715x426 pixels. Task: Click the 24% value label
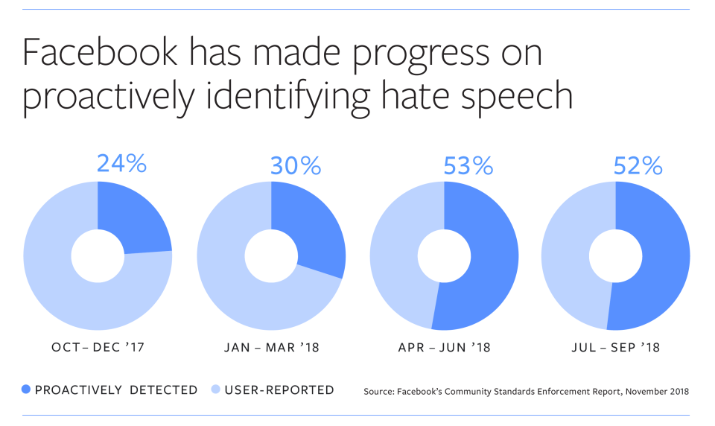click(121, 163)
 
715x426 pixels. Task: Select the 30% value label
click(296, 165)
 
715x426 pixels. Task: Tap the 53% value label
click(468, 165)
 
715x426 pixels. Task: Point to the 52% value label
click(638, 165)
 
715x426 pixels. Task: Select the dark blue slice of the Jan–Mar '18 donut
click(313, 231)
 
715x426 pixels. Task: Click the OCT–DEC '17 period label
click(97, 349)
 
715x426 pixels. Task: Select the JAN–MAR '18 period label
click(271, 349)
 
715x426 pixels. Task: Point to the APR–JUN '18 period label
click(445, 349)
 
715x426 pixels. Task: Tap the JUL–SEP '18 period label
click(616, 349)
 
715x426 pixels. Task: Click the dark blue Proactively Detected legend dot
click(28, 390)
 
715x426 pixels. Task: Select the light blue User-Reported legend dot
click(216, 390)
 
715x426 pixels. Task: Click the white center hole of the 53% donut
click(444, 256)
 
